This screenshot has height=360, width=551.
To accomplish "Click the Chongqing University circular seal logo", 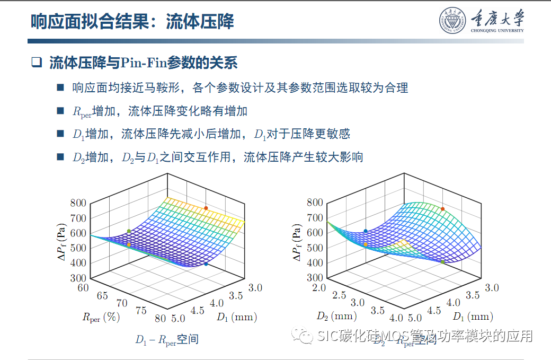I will click(x=452, y=21).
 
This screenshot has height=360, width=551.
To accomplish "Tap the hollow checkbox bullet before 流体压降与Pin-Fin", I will click(x=36, y=63).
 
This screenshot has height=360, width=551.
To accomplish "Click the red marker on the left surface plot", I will click(x=206, y=208).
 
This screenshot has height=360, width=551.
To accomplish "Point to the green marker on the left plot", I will click(x=129, y=231).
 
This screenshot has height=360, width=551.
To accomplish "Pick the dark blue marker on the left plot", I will click(x=206, y=264).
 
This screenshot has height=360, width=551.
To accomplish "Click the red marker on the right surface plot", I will click(x=442, y=209).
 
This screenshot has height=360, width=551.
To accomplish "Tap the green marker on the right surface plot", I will click(x=443, y=261).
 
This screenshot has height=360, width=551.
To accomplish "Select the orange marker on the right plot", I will click(x=366, y=244).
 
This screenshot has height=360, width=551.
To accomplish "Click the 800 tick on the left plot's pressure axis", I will click(x=78, y=203).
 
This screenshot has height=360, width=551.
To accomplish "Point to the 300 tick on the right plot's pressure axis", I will click(x=315, y=277).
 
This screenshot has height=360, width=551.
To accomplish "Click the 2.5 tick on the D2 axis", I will click(x=339, y=295).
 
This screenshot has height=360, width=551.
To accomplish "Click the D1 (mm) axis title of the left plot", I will click(x=236, y=317).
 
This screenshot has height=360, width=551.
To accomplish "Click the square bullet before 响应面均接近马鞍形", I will click(x=60, y=87).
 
